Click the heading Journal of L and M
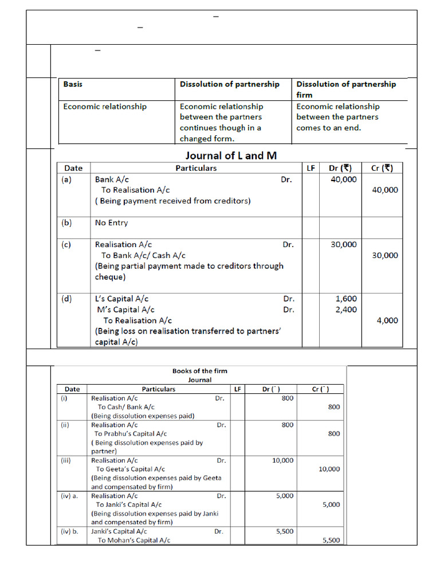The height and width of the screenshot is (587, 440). (231, 155)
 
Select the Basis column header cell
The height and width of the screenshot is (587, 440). (73, 84)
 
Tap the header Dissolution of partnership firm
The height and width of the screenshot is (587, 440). (345, 89)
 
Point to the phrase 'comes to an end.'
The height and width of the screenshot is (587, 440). (328, 128)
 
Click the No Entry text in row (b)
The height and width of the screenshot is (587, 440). (111, 223)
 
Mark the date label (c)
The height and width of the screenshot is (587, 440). (66, 244)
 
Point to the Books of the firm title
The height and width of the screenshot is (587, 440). (200, 371)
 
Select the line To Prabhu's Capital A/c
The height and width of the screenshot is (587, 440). (131, 434)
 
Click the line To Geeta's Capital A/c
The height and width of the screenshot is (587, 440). (131, 469)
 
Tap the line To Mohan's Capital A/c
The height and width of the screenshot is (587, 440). (133, 540)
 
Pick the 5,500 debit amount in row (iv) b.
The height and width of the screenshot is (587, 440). (284, 531)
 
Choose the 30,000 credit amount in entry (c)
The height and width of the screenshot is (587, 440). (384, 256)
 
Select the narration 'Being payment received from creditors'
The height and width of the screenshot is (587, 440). (172, 201)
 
